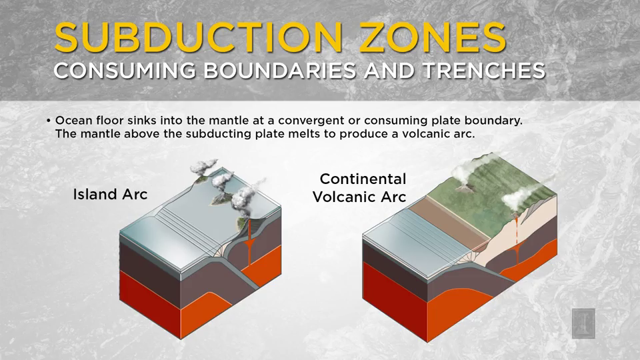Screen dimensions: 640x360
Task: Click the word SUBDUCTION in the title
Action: click(199, 37)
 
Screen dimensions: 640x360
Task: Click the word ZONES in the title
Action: click(433, 37)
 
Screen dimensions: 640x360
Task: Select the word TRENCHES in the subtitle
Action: click(484, 71)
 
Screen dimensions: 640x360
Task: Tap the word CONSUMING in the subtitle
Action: click(125, 71)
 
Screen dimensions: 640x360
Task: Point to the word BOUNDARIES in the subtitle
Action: click(280, 71)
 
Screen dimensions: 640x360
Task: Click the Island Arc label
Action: click(110, 194)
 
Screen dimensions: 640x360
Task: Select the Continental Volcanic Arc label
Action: click(359, 188)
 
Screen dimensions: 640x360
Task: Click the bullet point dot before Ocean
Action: click(48, 121)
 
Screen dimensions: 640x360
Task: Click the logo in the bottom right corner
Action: click(583, 323)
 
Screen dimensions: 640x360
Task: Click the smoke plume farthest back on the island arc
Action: click(203, 166)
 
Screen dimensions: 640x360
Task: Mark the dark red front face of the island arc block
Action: click(150, 304)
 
